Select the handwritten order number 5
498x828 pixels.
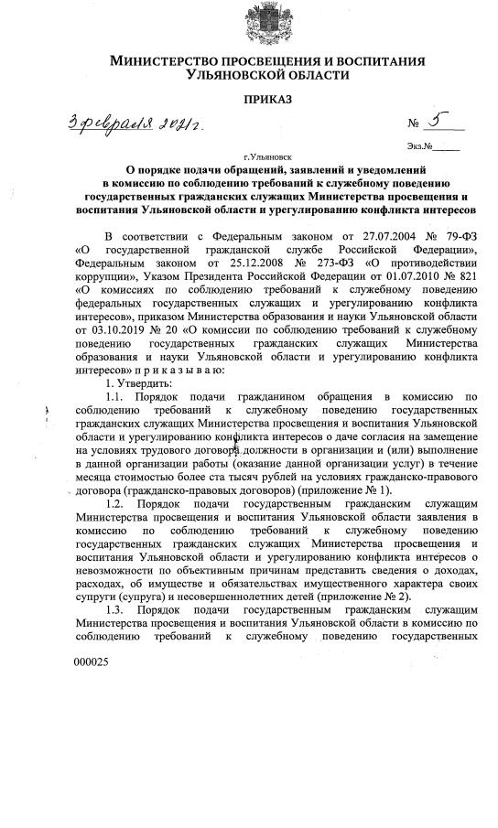(x=436, y=120)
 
